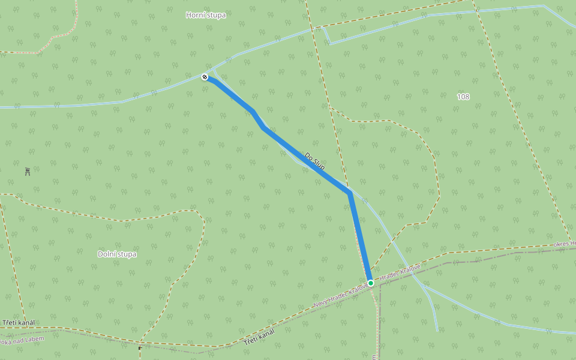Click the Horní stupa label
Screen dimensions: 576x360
(x=206, y=15)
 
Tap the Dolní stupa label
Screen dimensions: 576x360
(x=117, y=254)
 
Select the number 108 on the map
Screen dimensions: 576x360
(x=463, y=97)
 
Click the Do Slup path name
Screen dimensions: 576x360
(x=314, y=161)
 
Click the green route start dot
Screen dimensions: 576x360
(x=371, y=283)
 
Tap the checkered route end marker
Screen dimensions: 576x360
(x=205, y=77)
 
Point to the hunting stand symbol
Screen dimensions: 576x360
(x=28, y=172)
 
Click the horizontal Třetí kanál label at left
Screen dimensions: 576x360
(x=18, y=323)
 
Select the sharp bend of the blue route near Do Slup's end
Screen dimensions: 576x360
(x=349, y=192)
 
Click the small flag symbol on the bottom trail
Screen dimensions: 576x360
(x=140, y=347)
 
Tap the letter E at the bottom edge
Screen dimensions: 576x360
(x=373, y=357)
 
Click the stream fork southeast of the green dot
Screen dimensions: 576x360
(x=427, y=289)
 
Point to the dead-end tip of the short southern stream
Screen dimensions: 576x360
(x=437, y=331)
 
